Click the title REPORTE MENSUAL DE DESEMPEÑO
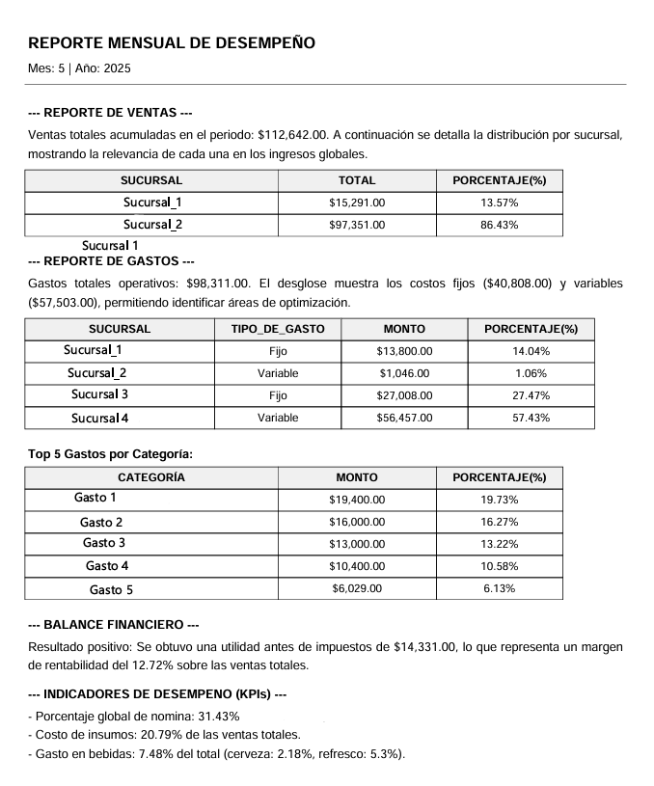coord(172,43)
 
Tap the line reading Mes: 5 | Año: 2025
coord(80,68)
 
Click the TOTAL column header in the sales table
coord(357,180)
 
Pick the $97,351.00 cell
coord(357,225)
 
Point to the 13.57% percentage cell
coord(499,203)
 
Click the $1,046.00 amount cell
coord(404,373)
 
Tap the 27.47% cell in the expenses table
coord(531,395)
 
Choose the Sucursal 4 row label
coord(99,418)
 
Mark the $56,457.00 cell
coord(404,418)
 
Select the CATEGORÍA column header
coord(151,477)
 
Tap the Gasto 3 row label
coord(104,543)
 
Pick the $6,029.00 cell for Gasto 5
coord(357,588)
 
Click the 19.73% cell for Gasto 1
coord(499,500)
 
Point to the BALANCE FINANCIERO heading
coord(114,625)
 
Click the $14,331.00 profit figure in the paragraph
coord(424,646)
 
